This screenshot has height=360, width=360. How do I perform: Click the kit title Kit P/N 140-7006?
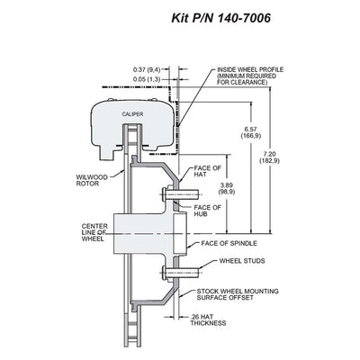(220, 18)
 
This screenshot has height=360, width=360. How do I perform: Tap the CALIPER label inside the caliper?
(132, 114)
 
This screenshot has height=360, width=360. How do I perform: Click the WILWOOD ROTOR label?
(92, 180)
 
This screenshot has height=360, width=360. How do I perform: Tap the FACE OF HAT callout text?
(207, 171)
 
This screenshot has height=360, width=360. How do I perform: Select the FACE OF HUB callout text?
(207, 211)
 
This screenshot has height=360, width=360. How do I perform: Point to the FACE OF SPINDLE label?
(229, 243)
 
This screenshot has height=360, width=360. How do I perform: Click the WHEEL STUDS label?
(242, 261)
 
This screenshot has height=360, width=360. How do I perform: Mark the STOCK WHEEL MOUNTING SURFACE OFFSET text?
(238, 294)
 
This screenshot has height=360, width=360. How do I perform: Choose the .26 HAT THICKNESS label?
(208, 319)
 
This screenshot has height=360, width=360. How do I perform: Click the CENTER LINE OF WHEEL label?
(94, 232)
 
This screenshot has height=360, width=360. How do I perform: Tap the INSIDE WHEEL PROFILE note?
(250, 76)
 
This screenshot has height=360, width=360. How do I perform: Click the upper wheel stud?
(180, 194)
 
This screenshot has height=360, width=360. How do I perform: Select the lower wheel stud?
(180, 274)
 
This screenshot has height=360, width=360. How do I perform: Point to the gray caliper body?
(133, 126)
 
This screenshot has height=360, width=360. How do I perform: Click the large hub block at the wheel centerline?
(146, 233)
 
